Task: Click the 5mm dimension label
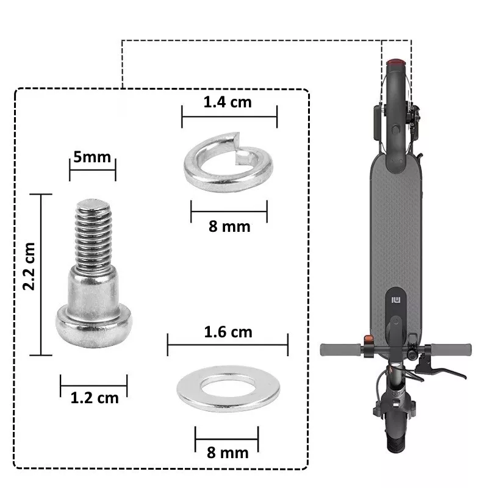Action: pyautogui.click(x=92, y=157)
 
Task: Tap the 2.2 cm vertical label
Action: pyautogui.click(x=29, y=267)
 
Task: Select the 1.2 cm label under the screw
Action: pyautogui.click(x=95, y=398)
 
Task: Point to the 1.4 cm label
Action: pyautogui.click(x=228, y=102)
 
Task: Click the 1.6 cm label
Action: pyautogui.click(x=228, y=332)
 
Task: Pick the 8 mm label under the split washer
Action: pyautogui.click(x=229, y=226)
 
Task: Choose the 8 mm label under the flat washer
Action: pyautogui.click(x=228, y=453)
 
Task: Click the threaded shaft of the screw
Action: pyautogui.click(x=94, y=234)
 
